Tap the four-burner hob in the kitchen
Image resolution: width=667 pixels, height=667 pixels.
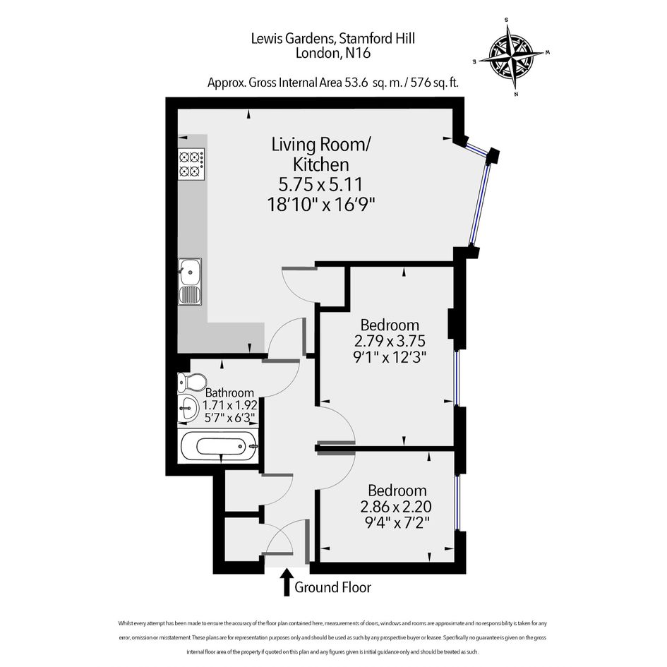191,164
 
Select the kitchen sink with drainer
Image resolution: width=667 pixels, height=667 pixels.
190,281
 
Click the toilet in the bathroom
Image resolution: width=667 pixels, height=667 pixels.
192,382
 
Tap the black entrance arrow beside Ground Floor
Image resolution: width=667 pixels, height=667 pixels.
287,582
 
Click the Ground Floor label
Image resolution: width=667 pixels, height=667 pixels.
332,587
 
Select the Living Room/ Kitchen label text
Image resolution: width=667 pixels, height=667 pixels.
321,155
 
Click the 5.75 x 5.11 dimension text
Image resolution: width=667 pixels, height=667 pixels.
320,184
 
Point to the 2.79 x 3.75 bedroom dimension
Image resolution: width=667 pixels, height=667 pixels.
390,341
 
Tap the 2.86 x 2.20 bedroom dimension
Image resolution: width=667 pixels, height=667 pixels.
396,507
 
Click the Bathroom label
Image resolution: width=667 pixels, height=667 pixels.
229,392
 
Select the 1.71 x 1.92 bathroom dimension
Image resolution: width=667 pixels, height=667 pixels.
229,405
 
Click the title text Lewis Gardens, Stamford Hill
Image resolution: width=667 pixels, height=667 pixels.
332,39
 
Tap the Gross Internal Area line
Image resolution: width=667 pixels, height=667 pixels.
333,83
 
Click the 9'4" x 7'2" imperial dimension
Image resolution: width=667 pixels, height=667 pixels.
397,522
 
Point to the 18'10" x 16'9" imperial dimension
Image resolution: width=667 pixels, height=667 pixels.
320,205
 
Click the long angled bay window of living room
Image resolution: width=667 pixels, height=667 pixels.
481,205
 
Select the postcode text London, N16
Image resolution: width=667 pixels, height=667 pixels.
333,54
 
